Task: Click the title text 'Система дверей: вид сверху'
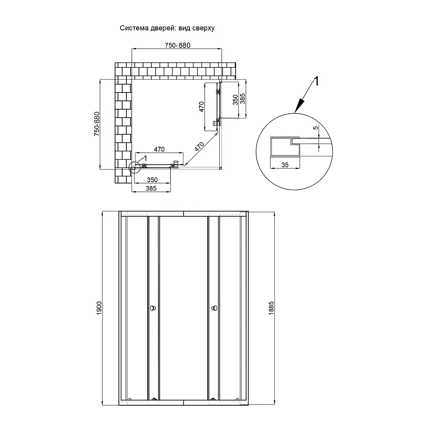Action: (x=167, y=28)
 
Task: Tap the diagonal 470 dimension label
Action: (x=199, y=146)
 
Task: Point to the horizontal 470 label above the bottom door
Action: (x=159, y=149)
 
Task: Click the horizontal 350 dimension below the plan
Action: (x=152, y=180)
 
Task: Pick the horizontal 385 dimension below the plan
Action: (x=151, y=188)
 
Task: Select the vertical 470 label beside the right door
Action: (x=201, y=107)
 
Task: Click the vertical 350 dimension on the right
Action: (x=236, y=100)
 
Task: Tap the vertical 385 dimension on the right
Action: (x=243, y=99)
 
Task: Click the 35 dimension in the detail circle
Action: (x=285, y=165)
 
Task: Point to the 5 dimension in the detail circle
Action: (x=316, y=128)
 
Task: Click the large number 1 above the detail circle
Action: (x=316, y=81)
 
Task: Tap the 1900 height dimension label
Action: (x=99, y=308)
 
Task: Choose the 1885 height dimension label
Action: (x=271, y=308)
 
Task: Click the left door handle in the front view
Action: (x=153, y=308)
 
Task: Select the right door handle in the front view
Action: (x=214, y=308)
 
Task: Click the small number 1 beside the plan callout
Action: (x=145, y=158)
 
